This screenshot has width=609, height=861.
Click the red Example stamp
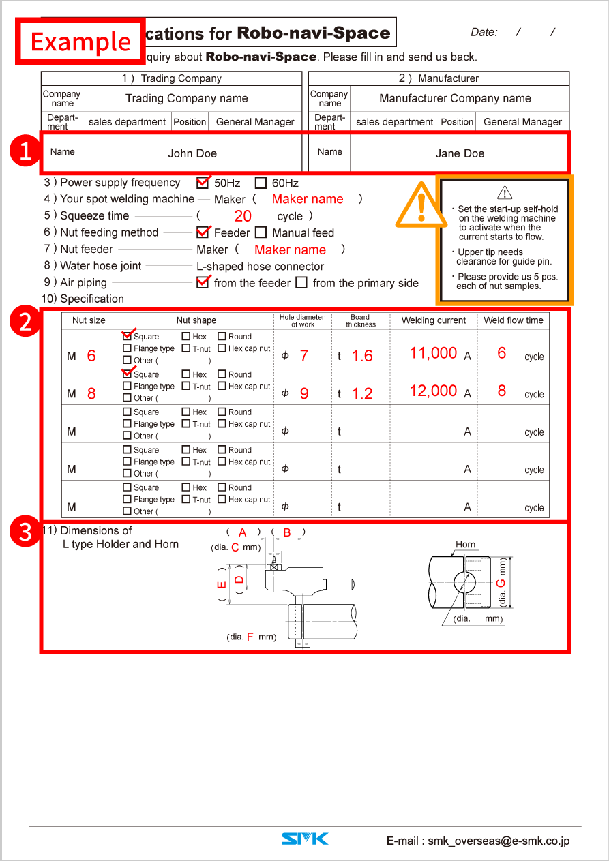(x=80, y=41)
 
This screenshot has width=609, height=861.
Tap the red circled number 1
(x=25, y=151)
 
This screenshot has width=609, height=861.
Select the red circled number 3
(x=25, y=531)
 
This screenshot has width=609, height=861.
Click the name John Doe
(x=192, y=153)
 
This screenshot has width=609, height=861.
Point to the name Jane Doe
(x=460, y=153)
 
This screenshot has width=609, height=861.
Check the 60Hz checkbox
(x=261, y=183)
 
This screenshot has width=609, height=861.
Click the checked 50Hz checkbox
(x=203, y=183)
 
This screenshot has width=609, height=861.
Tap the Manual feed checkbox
(x=261, y=232)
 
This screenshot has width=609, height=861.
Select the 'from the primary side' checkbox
(x=301, y=282)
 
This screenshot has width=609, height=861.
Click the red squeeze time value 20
(x=243, y=216)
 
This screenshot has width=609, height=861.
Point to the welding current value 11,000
(x=433, y=353)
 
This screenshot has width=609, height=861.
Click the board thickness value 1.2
(x=362, y=393)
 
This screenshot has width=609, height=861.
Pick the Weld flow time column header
(x=514, y=320)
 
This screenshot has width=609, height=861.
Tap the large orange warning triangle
(x=421, y=205)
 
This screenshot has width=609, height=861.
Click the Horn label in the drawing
(x=465, y=544)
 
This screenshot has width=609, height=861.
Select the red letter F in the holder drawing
(x=250, y=637)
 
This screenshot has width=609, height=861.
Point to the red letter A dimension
(x=242, y=532)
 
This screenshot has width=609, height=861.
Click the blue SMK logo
(x=305, y=839)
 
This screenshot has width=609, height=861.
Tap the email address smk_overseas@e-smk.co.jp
(x=499, y=841)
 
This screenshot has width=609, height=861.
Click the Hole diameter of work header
(x=302, y=320)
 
